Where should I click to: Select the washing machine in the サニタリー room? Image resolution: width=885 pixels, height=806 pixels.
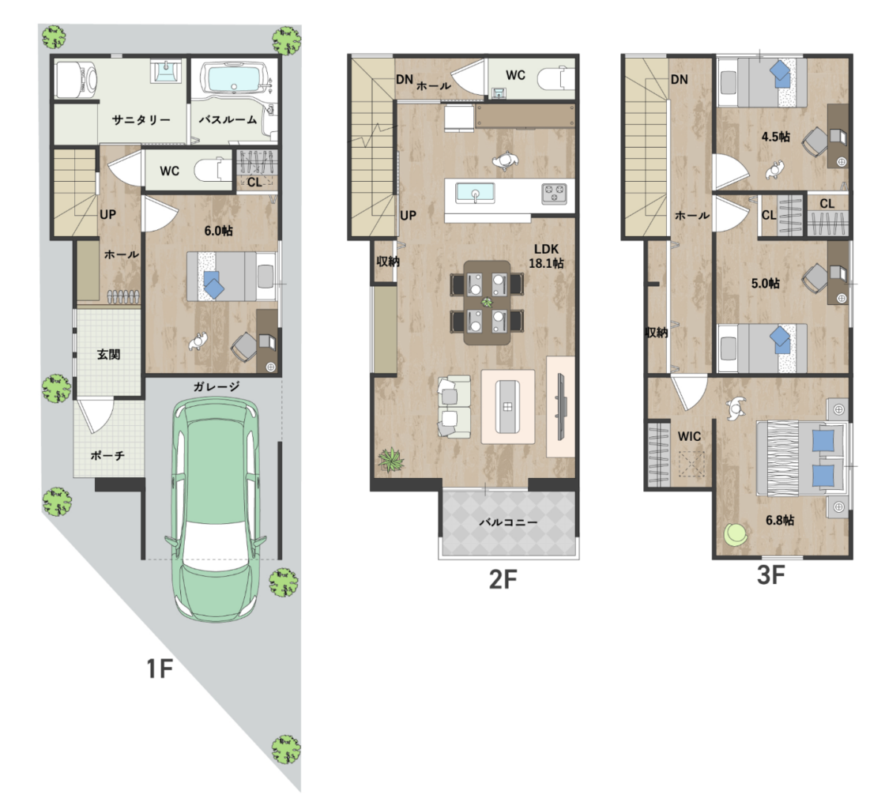pos(76,80)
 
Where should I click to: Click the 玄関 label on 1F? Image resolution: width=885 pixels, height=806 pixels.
pos(107,355)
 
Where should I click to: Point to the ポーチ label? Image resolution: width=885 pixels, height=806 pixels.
pos(107,455)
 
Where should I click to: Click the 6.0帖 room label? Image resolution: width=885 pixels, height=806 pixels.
pos(218,230)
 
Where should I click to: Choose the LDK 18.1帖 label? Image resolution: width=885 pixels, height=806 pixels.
pos(546,256)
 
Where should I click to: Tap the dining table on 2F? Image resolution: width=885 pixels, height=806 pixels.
pos(487,303)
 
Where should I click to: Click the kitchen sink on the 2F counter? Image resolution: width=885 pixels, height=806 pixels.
pos(475,194)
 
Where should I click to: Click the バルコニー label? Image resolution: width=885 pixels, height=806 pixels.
pos(509,522)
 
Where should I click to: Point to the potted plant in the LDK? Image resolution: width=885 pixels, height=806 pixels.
pos(390,459)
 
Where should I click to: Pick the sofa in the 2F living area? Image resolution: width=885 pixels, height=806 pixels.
pos(454,406)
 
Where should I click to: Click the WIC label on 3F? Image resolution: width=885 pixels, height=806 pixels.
pos(689,435)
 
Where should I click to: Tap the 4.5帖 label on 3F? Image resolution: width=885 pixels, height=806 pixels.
pos(775,137)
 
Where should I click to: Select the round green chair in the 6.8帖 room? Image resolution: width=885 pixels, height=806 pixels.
pos(736,534)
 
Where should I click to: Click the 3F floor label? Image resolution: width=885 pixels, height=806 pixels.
pos(770,575)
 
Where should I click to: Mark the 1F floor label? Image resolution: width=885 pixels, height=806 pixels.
pos(159,669)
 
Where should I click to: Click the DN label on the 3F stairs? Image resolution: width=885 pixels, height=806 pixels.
pos(680,80)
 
